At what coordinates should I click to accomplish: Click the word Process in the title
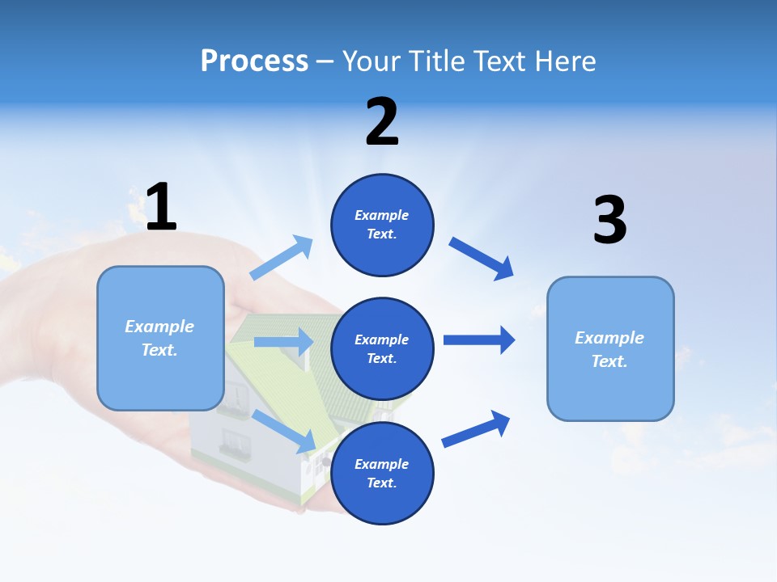tap(254, 61)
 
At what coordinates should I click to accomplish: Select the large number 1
tap(160, 208)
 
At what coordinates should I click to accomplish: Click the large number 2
tap(382, 122)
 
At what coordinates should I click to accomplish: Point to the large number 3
tap(609, 220)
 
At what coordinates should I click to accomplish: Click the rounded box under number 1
tap(160, 338)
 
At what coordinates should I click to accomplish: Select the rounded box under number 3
tap(610, 349)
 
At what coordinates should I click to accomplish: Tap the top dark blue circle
tap(382, 225)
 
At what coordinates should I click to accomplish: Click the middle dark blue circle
tap(382, 349)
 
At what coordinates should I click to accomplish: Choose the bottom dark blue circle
tap(382, 473)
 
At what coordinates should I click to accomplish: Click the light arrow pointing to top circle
tap(282, 258)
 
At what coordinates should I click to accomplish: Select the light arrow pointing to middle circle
tap(283, 342)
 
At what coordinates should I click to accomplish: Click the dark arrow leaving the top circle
tap(482, 259)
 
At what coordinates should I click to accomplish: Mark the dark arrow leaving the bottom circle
tap(476, 429)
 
